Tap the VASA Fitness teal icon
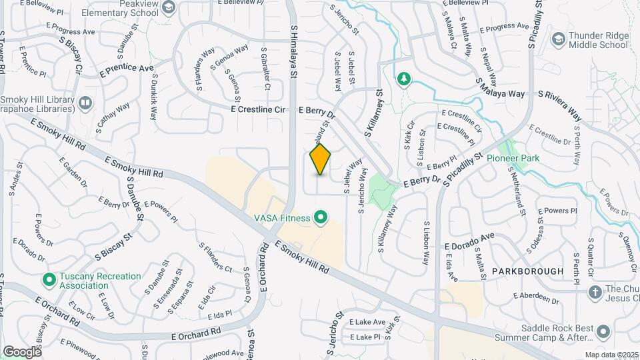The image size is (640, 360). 321,217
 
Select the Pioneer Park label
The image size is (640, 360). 513,158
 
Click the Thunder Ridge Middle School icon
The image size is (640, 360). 557,39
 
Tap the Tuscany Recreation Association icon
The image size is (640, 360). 48,279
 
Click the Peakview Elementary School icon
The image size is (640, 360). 169,7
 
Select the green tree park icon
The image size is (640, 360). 403,80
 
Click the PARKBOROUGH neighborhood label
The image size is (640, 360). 527,271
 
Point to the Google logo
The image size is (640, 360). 21,351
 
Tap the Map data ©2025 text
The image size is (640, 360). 611,355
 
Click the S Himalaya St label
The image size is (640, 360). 293,53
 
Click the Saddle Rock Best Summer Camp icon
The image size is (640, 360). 603,331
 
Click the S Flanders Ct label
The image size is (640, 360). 215,257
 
